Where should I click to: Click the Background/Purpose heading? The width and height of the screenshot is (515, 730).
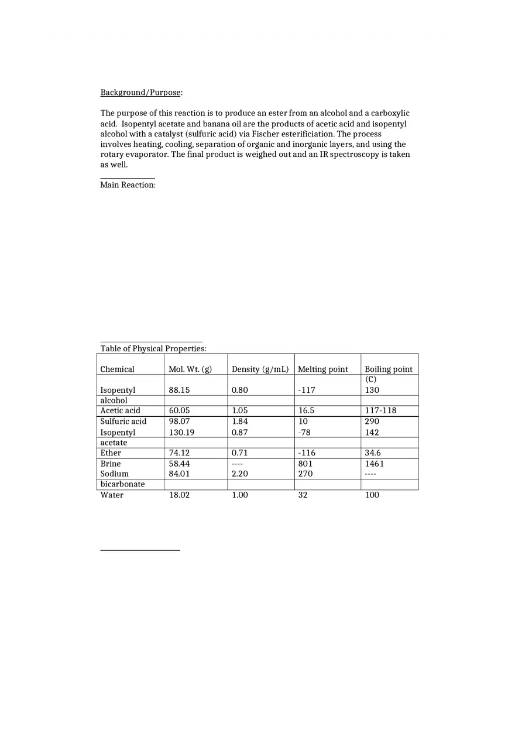[141, 92]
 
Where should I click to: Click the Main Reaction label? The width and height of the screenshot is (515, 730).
[128, 185]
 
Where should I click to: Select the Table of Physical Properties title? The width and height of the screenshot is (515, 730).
[153, 349]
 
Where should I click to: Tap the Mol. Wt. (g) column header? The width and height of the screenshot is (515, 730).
[190, 369]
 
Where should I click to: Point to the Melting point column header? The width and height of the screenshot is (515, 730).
[322, 369]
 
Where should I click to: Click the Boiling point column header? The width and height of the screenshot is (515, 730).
[388, 369]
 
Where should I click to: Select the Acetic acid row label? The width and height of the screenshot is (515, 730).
[120, 411]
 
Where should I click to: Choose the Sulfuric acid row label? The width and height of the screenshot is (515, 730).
[123, 421]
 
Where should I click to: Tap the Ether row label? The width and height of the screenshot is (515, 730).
[111, 453]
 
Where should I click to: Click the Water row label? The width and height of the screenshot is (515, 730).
[112, 495]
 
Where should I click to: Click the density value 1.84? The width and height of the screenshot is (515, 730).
[239, 421]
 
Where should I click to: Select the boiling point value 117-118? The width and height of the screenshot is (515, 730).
[380, 411]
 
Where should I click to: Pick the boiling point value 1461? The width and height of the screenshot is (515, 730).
[375, 464]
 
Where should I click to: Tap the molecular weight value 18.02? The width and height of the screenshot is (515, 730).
[179, 495]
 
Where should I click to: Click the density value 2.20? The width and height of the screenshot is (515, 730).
[239, 474]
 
